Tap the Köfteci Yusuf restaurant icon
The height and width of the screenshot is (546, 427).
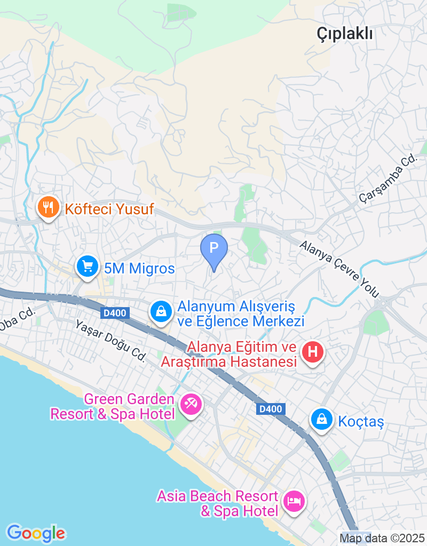(49, 208)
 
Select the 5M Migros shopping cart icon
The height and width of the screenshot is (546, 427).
(87, 267)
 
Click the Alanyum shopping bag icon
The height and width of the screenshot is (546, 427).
(161, 312)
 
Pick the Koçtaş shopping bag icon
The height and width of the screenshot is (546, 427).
(322, 420)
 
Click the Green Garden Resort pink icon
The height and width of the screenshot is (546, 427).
(190, 404)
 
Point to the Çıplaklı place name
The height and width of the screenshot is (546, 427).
(344, 34)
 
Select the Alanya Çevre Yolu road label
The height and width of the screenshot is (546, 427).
(339, 269)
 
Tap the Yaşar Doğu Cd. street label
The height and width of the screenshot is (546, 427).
(110, 341)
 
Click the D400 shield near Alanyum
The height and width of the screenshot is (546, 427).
(115, 313)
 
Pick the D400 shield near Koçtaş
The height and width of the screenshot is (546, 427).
(271, 409)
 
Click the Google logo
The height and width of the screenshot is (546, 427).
(36, 533)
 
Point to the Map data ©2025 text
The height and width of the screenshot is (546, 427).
(382, 538)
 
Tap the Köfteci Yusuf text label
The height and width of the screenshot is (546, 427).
(109, 209)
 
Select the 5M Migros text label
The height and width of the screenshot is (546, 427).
(139, 269)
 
